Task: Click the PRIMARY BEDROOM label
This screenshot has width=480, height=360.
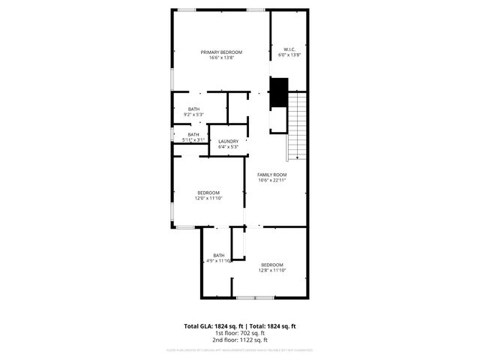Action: click(x=221, y=52)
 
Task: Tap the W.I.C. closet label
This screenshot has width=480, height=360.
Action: click(x=289, y=50)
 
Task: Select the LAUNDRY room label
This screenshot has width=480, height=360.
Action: click(x=228, y=141)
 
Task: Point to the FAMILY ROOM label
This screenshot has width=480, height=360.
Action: click(x=272, y=174)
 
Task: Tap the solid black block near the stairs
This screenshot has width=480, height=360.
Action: click(x=279, y=91)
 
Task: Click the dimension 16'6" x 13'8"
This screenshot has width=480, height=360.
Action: click(x=221, y=57)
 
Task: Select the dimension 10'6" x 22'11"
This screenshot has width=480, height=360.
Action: click(x=272, y=180)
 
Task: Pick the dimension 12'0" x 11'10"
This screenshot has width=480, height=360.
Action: click(x=208, y=198)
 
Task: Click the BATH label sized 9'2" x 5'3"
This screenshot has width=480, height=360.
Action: click(x=193, y=109)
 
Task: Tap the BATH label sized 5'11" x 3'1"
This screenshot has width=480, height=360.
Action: click(x=193, y=134)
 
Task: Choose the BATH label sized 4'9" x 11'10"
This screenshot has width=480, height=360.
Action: click(x=219, y=255)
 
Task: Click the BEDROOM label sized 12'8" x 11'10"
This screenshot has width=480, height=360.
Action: click(x=271, y=265)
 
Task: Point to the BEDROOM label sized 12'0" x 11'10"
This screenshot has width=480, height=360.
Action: click(x=208, y=193)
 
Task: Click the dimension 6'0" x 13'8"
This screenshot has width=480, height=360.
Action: click(x=289, y=55)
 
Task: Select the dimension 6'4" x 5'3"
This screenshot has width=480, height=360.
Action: click(x=228, y=147)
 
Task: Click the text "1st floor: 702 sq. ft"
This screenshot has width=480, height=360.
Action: click(x=240, y=334)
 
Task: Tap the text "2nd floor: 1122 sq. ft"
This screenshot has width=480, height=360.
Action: click(x=240, y=340)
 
